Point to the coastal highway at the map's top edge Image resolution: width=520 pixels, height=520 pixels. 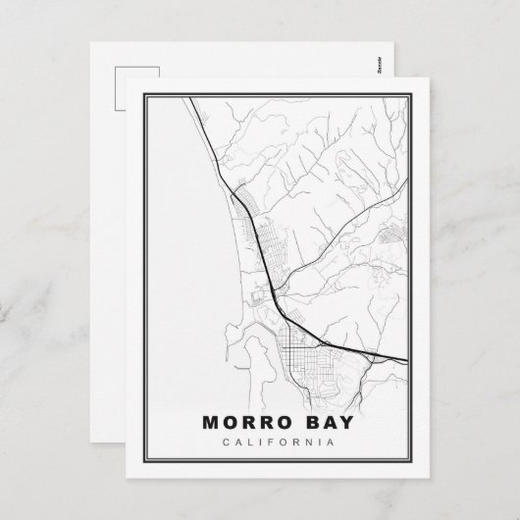[x=186, y=96]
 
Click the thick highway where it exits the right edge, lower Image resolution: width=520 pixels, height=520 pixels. [x=403, y=357]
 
